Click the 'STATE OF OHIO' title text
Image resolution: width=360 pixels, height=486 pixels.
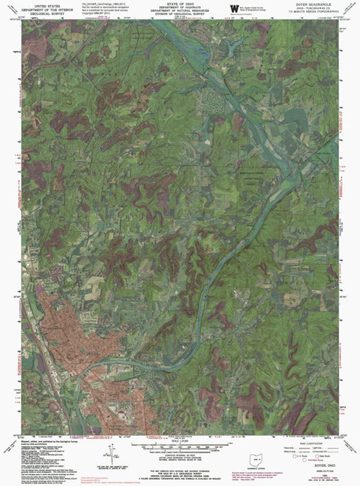coord(180,4)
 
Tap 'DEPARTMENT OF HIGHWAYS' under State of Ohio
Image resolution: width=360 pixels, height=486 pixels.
coord(180,8)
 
